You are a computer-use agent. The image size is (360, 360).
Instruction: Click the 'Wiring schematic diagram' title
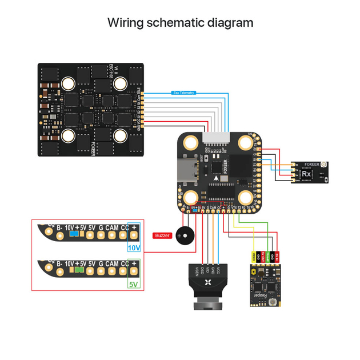point(180,23)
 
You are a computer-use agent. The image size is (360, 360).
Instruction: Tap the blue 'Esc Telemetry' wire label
point(183,93)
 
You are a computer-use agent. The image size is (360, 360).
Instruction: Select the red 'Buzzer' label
point(162,235)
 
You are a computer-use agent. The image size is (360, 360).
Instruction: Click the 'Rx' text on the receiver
point(306,173)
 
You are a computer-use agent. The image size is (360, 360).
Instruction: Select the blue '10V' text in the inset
point(133,248)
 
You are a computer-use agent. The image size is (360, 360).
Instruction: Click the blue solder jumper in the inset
point(73,233)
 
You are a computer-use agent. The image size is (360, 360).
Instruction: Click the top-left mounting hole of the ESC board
point(67,84)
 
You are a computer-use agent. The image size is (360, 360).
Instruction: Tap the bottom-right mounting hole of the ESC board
point(121,136)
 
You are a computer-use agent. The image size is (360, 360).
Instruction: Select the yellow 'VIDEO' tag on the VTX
point(254,257)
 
